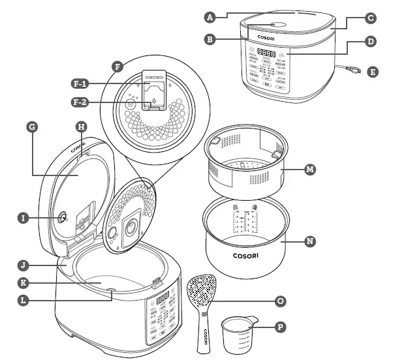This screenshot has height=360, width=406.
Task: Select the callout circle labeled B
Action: [x=210, y=39]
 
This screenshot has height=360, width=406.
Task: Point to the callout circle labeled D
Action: [x=370, y=42]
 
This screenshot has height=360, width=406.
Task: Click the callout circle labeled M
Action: [x=310, y=169]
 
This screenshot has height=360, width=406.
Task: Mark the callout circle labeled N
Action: [x=310, y=241]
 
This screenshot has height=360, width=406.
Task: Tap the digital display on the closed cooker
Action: [x=265, y=52]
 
